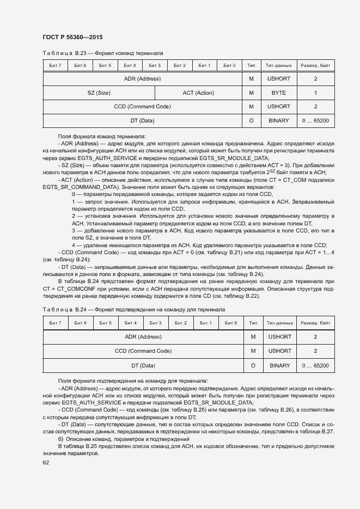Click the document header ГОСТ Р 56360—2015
point(72,37)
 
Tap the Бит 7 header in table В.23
point(55,66)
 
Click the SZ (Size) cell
point(99,93)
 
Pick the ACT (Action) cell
point(198,93)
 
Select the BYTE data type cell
point(278,93)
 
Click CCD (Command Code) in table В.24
point(143,351)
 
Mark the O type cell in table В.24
point(253,365)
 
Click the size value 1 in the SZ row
point(315,93)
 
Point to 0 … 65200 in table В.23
point(315,120)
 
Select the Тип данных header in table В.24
point(279,323)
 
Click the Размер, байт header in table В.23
point(315,66)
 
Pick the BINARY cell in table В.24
point(279,365)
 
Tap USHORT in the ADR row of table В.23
point(278,79)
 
